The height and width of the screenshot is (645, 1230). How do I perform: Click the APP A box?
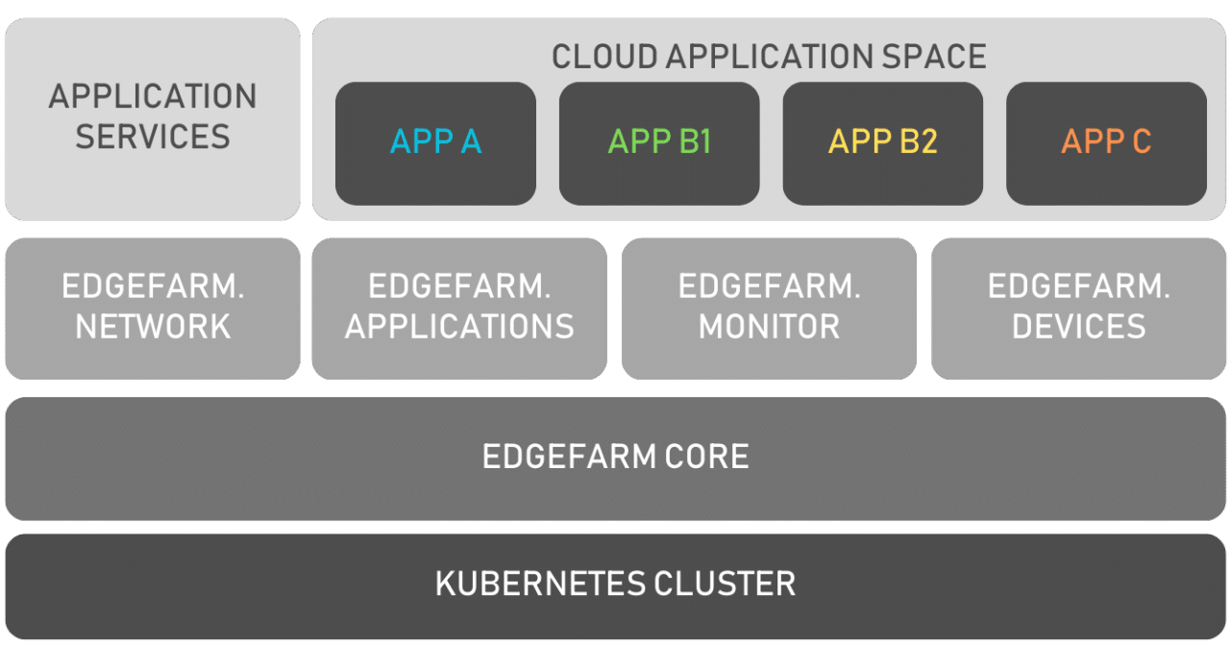coord(435,143)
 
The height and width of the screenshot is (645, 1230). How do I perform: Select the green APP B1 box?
coord(659,143)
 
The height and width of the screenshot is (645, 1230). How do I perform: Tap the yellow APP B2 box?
coord(883,143)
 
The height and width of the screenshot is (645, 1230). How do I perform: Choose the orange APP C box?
coord(1106,143)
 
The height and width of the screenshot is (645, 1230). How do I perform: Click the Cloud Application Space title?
coord(769,57)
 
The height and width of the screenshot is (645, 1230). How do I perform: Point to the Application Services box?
coord(153,117)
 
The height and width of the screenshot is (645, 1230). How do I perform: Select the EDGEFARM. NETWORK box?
coord(153,308)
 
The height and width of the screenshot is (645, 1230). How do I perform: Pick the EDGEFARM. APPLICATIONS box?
coord(459,308)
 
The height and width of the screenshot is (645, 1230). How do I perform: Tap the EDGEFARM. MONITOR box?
coord(769,308)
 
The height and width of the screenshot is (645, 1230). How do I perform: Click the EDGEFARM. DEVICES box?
coord(1078,308)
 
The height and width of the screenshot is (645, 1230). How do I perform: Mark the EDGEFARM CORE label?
coord(615,457)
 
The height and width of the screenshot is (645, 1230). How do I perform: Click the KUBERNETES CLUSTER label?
coord(615,583)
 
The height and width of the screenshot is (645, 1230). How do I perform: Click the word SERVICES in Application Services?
coord(153,136)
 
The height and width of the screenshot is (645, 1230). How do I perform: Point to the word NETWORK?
coord(153,327)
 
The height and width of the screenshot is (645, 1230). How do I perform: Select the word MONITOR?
coord(769,327)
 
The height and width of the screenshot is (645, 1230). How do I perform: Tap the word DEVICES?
coord(1078,327)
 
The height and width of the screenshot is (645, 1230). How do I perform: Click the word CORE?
coord(712,457)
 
